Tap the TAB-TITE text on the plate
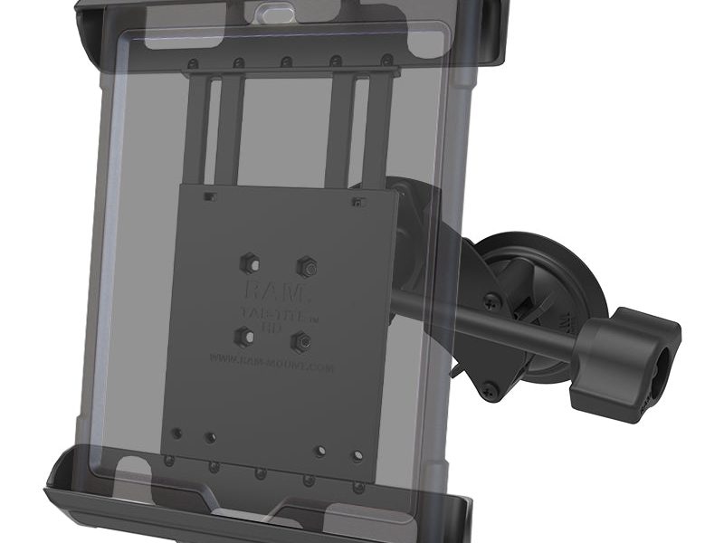274,312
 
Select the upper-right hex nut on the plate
306,267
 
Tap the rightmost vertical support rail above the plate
379,127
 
